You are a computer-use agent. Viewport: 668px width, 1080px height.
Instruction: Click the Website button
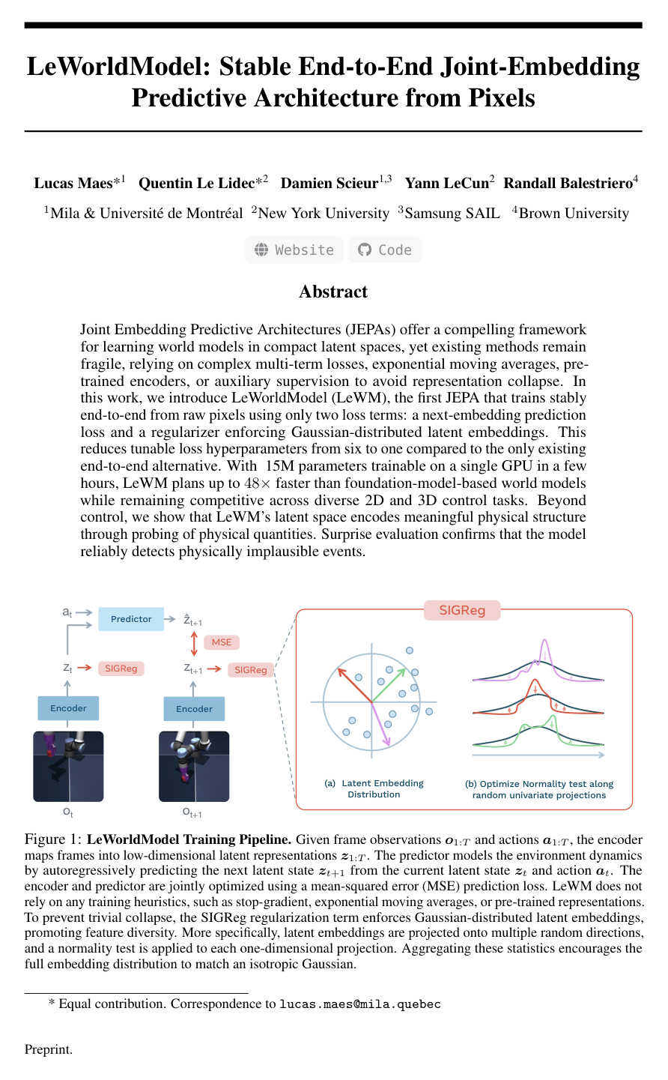coord(294,250)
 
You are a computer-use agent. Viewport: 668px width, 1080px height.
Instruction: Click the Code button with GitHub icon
coord(385,250)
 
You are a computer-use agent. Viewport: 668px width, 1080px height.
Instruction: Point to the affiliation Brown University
coord(574,214)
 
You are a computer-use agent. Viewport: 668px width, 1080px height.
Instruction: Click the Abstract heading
coord(333,292)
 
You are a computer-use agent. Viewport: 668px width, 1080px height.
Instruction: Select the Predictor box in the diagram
coord(131,619)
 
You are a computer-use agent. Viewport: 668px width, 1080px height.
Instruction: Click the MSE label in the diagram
coord(222,642)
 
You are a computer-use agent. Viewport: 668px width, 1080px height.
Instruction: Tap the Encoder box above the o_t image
coord(68,708)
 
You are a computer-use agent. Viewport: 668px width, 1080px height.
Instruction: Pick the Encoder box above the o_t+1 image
coord(194,709)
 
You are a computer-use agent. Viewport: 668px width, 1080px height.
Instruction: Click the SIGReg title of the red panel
coord(462,611)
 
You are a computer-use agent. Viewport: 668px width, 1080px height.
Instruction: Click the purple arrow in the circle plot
coord(381,725)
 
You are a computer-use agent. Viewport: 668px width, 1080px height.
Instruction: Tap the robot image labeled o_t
coord(68,766)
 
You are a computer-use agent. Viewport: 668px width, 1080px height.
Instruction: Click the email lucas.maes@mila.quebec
coord(359,1004)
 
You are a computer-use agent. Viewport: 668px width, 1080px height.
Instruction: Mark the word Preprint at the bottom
coord(49,1049)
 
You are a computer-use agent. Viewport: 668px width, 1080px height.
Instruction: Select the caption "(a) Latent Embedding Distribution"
coord(374,788)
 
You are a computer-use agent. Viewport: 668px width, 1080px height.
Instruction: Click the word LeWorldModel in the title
coord(121,67)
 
